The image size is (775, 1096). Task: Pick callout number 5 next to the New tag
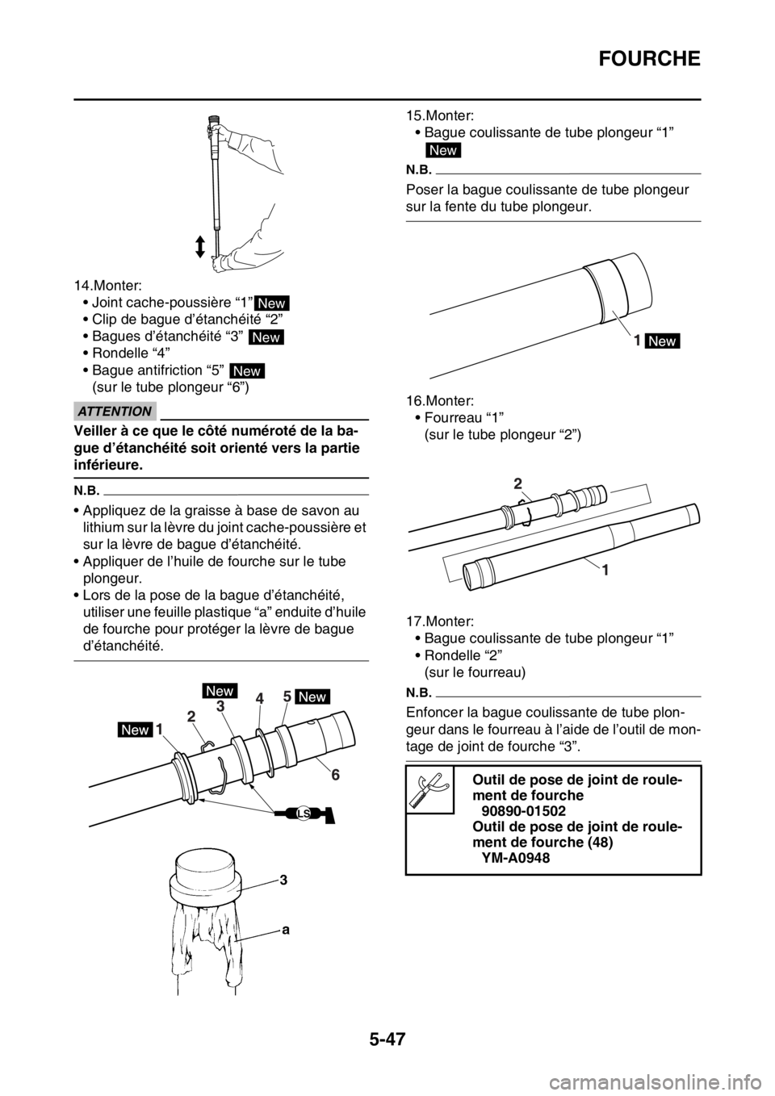[x=287, y=696]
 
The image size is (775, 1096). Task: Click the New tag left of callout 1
[x=136, y=730]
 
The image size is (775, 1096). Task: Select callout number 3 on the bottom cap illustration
[x=283, y=881]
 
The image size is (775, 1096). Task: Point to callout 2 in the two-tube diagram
[x=517, y=483]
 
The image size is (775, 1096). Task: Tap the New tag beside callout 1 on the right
[x=663, y=341]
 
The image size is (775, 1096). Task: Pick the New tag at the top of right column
[x=444, y=150]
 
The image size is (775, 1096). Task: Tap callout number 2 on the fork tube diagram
[x=191, y=715]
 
